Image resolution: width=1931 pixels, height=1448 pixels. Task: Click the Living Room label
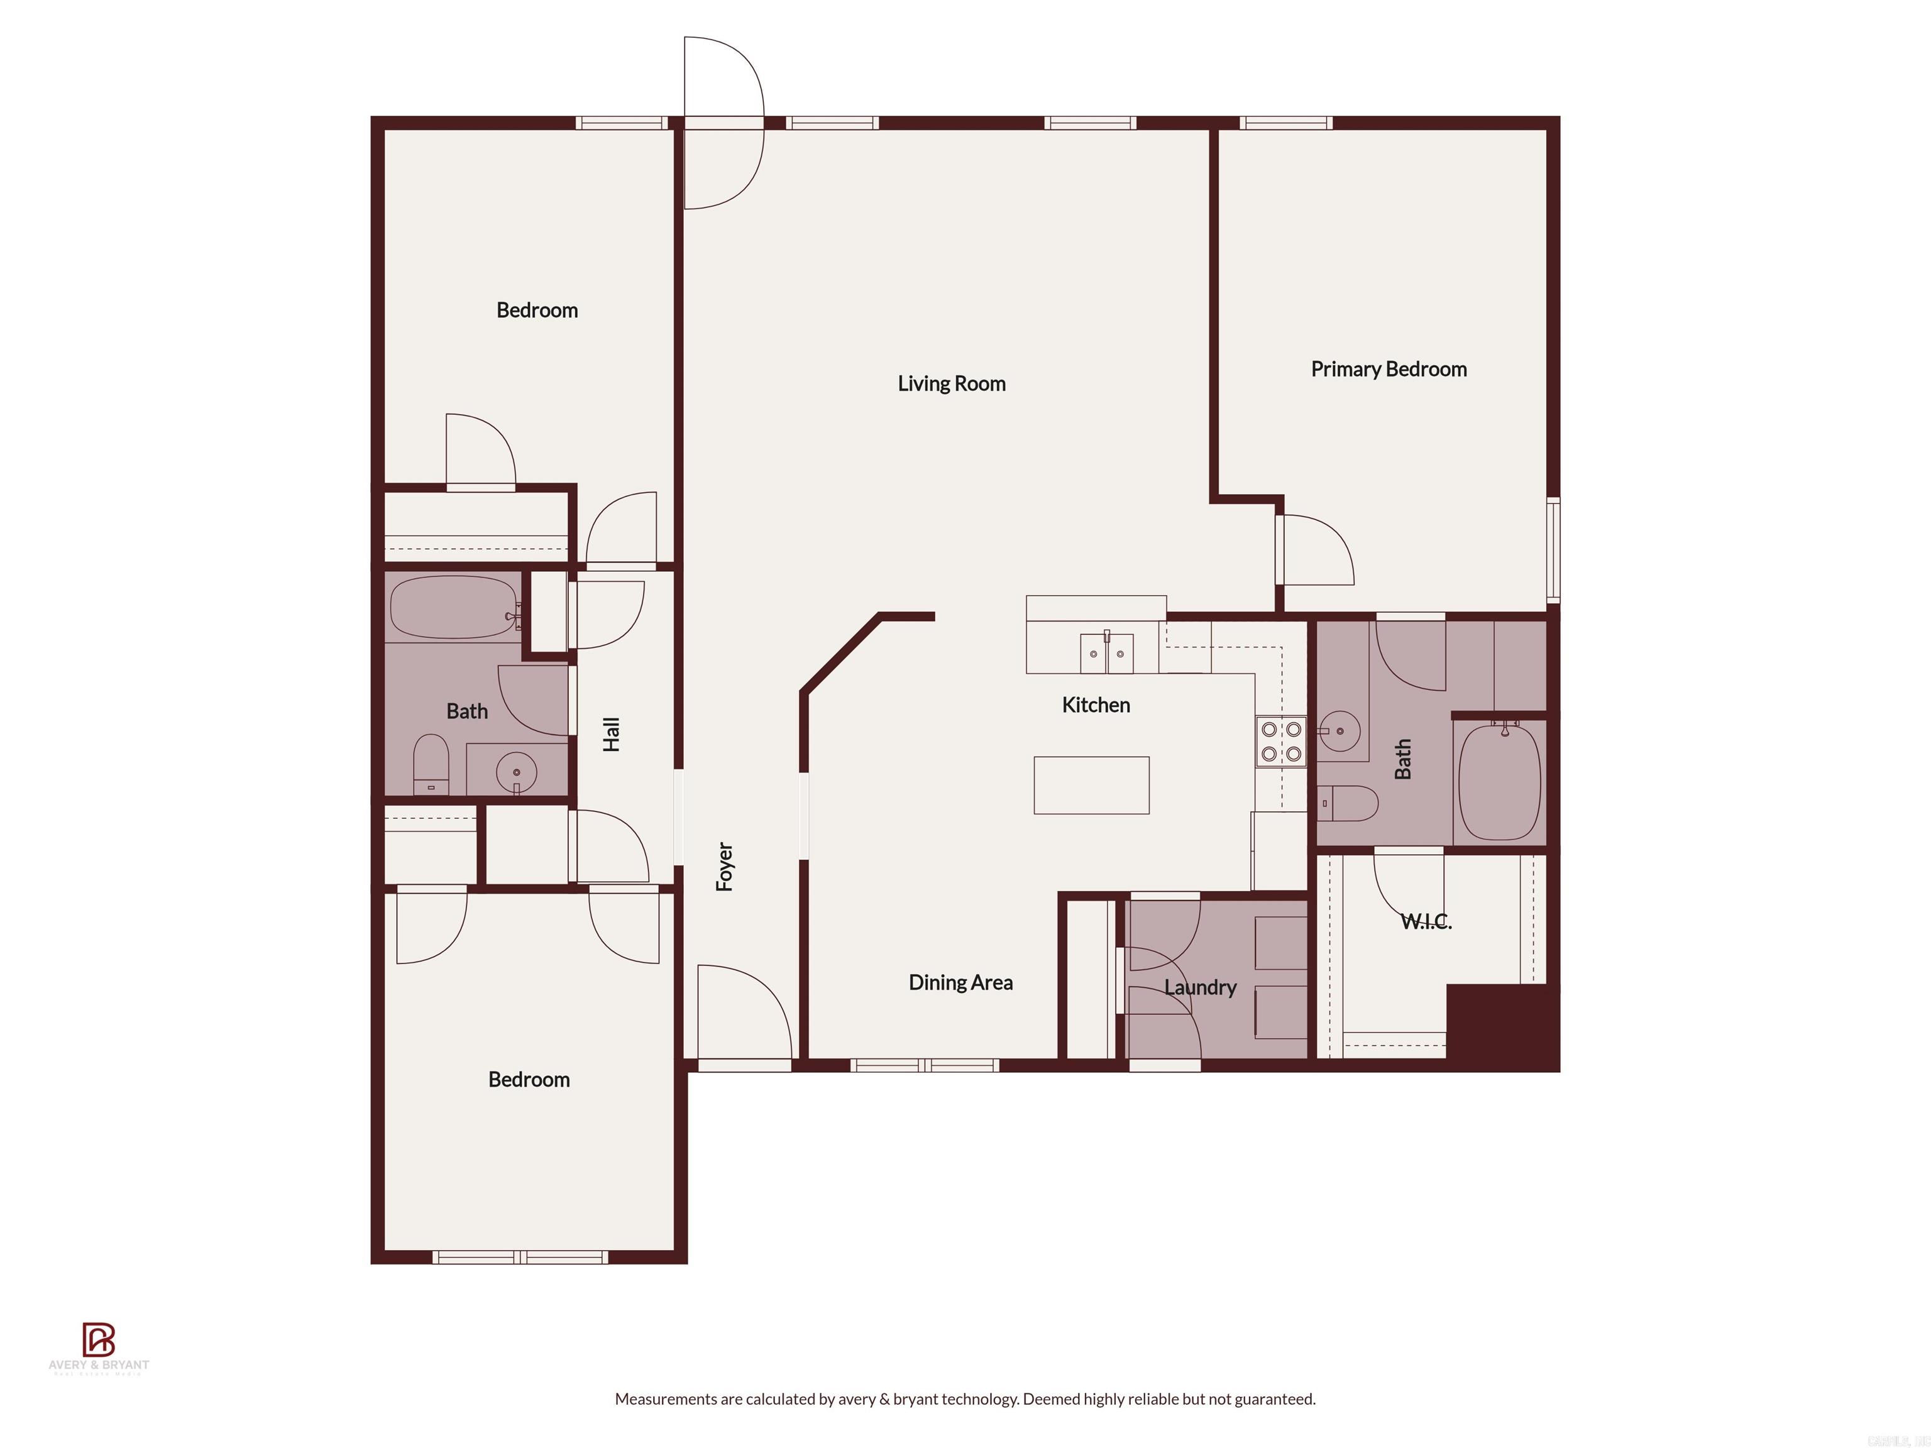coord(952,383)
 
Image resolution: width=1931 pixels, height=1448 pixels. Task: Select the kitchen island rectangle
coord(1091,785)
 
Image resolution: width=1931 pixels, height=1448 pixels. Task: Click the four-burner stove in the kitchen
coord(1280,741)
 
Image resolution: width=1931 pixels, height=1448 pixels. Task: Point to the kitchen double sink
coord(1106,653)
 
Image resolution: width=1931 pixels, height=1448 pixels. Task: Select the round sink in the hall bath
coord(517,772)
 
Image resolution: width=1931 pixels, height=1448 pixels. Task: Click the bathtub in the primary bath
coord(1500,782)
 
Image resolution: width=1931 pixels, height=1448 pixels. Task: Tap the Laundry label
coord(1201,987)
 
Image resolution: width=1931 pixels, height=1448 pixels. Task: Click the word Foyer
coord(725,866)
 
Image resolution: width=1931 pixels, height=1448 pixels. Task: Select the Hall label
coord(611,734)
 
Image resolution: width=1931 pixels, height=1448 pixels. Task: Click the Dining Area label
coord(960,983)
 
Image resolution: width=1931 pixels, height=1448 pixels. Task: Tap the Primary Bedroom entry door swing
coord(1316,550)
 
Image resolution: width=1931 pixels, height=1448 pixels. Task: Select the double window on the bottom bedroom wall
coord(520,1258)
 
